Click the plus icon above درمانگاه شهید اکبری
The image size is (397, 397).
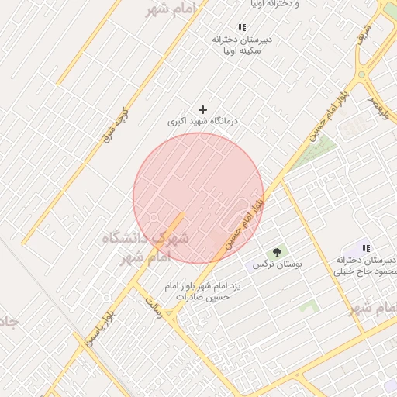coord(203,110)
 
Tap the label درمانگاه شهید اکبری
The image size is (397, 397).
coord(204,123)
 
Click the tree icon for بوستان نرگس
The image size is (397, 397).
coord(277,252)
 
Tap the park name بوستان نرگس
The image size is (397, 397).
coord(277,265)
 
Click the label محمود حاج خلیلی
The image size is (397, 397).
coord(365,271)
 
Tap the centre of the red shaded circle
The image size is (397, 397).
coord(198,198)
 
